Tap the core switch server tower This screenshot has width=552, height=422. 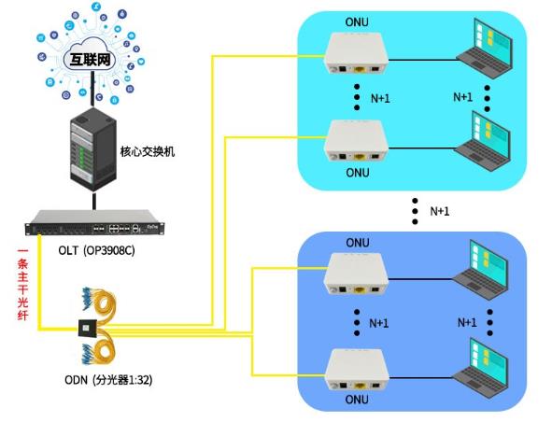click(x=93, y=149)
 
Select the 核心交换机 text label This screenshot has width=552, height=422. click(x=148, y=151)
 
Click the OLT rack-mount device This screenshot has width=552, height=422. click(x=94, y=223)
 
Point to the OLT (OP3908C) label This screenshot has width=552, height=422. click(x=96, y=250)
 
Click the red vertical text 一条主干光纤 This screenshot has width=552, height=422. click(x=22, y=285)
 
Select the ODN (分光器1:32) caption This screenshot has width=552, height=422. click(x=108, y=380)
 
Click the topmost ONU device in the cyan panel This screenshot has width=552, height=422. click(x=356, y=53)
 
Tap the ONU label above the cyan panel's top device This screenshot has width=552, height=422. click(x=357, y=22)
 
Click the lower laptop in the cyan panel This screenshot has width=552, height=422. click(x=483, y=141)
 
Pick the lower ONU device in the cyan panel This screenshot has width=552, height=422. click(x=356, y=141)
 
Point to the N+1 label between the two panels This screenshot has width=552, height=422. click(x=439, y=211)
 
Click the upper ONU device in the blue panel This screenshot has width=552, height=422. click(x=356, y=274)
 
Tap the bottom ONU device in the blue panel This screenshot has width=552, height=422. click(x=357, y=369)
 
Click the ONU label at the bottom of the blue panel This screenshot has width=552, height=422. click(x=357, y=400)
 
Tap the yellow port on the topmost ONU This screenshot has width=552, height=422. click(x=360, y=69)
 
